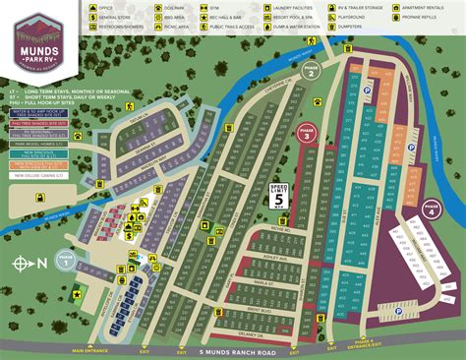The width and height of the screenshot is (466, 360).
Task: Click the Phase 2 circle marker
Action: [310, 73]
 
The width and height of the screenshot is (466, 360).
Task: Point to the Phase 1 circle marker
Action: [66, 262]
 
